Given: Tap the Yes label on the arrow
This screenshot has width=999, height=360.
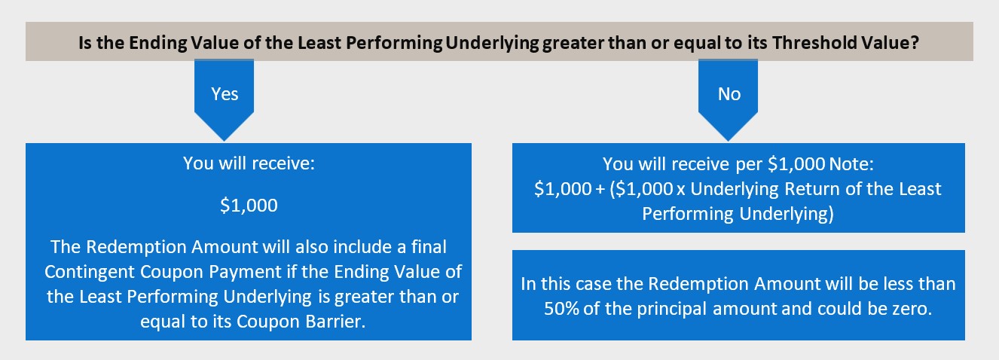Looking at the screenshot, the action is tap(225, 94).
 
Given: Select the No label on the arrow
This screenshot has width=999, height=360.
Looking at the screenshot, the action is tap(729, 94).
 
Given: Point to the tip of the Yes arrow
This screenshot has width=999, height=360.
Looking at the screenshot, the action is tap(225, 141).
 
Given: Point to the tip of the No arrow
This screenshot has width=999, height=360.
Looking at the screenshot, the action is tap(729, 141).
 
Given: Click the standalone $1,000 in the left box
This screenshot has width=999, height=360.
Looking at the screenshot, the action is tap(249, 205).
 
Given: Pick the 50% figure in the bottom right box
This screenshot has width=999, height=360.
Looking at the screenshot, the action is tap(561, 309).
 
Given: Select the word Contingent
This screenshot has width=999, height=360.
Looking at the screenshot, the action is tap(90, 272).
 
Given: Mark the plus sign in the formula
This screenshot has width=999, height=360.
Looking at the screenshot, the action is tap(600, 190).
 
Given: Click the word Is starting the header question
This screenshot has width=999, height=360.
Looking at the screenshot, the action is tap(85, 43).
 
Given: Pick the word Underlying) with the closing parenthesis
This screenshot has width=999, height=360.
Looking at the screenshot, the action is tap(787, 214).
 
